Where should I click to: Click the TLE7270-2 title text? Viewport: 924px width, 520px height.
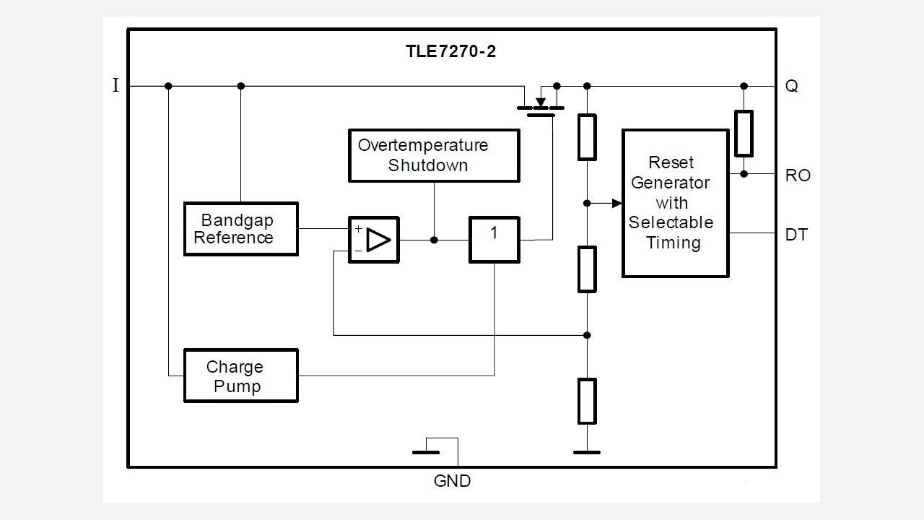[450, 52]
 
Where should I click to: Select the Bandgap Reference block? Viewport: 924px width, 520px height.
[240, 229]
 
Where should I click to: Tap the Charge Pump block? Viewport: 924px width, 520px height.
[240, 376]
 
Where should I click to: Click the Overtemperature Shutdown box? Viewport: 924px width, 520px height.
[433, 155]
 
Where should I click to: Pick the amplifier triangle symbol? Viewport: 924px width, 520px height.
[378, 240]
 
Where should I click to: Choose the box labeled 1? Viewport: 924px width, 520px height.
[494, 240]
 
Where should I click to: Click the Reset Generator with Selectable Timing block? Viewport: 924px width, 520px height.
[675, 203]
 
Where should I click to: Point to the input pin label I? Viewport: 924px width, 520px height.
[115, 86]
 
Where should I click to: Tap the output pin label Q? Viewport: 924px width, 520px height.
[792, 86]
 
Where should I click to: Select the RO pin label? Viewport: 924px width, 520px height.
[798, 175]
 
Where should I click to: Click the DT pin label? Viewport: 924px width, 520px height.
[796, 235]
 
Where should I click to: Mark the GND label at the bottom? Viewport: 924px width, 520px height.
[452, 481]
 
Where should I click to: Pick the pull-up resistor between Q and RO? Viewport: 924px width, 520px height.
[744, 134]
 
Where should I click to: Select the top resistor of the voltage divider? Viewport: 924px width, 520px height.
[587, 136]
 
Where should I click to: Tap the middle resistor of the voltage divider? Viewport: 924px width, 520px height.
[587, 269]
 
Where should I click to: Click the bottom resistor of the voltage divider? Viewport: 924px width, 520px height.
[587, 401]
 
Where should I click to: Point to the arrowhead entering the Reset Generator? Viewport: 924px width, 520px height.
[616, 204]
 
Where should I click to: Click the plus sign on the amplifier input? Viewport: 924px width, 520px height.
[358, 229]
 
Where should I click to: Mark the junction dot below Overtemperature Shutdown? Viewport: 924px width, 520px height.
[434, 240]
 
